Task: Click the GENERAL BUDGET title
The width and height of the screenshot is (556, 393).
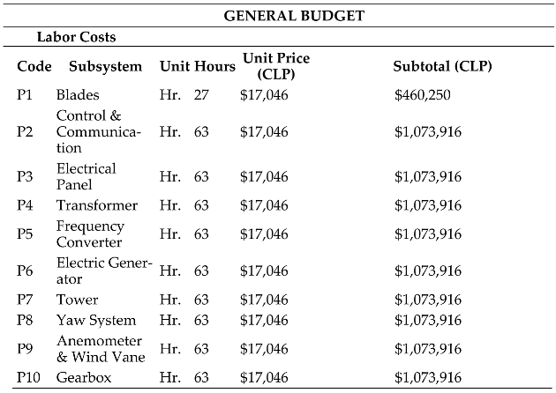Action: click(x=295, y=16)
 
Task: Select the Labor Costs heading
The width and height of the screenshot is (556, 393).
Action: click(x=76, y=38)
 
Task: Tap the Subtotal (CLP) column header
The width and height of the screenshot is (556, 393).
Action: click(x=442, y=66)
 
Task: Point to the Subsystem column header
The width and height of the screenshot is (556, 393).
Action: click(x=105, y=66)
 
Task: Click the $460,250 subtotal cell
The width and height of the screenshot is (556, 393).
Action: click(x=423, y=94)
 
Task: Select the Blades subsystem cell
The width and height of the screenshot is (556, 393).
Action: click(x=78, y=94)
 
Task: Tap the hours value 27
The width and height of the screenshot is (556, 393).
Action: click(x=201, y=94)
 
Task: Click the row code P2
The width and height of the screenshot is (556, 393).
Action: click(x=25, y=132)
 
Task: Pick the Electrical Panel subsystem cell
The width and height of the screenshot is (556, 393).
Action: click(x=86, y=176)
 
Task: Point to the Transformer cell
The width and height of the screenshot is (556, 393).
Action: click(x=97, y=205)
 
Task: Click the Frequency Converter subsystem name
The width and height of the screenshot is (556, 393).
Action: click(x=90, y=234)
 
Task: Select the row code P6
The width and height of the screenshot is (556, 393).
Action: click(x=25, y=271)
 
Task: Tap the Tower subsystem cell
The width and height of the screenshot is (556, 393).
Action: click(x=78, y=300)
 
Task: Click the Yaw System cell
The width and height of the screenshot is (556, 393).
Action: click(x=96, y=320)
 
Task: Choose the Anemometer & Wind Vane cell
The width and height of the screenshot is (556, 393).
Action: click(x=100, y=349)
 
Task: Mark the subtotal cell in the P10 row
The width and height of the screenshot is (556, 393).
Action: click(x=428, y=377)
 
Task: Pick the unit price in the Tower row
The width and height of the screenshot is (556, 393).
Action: click(x=264, y=300)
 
